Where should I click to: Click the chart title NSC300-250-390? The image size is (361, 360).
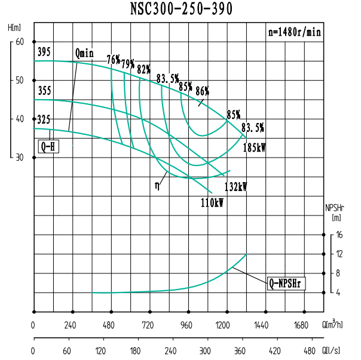[x=181, y=9]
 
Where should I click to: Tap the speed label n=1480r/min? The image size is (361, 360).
[x=295, y=32]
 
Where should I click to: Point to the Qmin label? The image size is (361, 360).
[x=84, y=53]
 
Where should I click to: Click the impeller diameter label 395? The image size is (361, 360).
[x=44, y=52]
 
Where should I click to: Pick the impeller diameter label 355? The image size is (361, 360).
[x=44, y=91]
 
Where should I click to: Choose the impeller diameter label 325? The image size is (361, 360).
[x=44, y=119]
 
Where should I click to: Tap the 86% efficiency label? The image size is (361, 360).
[x=202, y=91]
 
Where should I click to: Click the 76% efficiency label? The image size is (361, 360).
[x=114, y=60]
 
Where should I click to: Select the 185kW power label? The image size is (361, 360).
[x=255, y=147]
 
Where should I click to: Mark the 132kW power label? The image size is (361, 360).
[x=235, y=186]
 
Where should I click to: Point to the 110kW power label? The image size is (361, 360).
[x=212, y=203]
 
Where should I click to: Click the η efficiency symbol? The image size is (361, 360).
[x=157, y=185]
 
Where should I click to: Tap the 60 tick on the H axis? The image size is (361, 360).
[x=19, y=41]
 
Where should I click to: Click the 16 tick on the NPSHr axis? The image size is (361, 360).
[x=339, y=235]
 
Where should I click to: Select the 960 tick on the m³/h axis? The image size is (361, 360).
[x=187, y=325]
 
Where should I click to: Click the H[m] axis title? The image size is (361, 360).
[x=15, y=27]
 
